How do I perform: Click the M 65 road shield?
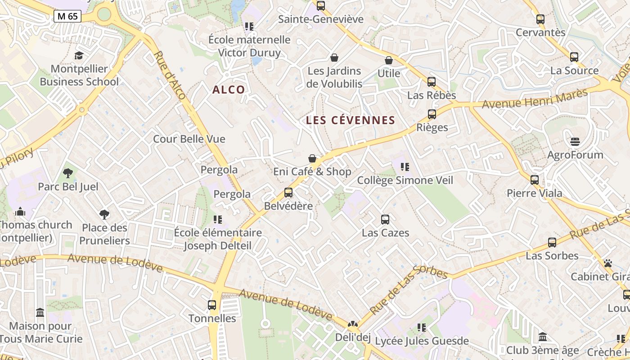[67, 16]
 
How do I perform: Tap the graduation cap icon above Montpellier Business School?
[79, 55]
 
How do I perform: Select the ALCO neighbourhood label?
[229, 90]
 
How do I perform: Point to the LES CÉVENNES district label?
[350, 120]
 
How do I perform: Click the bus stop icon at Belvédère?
[288, 193]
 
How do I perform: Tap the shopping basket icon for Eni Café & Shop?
[312, 158]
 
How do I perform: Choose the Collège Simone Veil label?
[405, 180]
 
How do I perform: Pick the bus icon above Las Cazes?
[385, 220]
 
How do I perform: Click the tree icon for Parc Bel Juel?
[68, 173]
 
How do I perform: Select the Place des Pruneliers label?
[104, 234]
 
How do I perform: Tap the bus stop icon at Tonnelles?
[212, 305]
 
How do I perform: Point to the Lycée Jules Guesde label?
[422, 341]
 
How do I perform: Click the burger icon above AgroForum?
[575, 142]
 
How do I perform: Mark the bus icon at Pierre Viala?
[535, 180]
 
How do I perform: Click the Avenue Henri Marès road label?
[535, 99]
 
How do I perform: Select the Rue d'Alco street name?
[170, 75]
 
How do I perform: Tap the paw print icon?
[608, 263]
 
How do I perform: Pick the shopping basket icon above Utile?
[389, 60]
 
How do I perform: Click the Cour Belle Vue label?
[189, 139]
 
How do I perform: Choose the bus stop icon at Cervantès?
[540, 19]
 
